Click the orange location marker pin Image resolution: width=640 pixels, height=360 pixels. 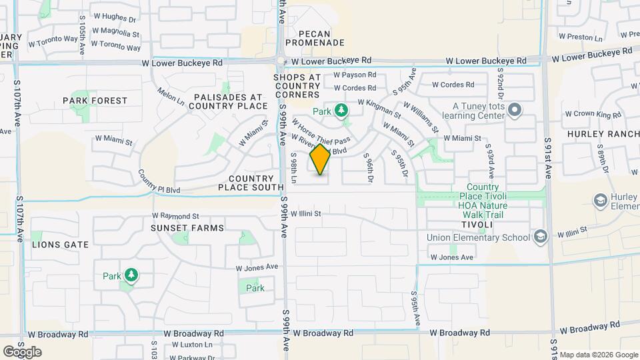coord(320,159)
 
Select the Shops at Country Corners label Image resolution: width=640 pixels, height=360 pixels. coord(297,86)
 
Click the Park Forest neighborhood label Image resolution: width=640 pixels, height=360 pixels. coord(95,101)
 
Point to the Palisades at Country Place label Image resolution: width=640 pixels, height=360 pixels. coord(230,101)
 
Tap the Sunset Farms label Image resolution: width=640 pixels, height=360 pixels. coord(187,228)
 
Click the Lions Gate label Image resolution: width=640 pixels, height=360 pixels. coord(60,245)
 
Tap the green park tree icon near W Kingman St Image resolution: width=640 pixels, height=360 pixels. coord(341,109)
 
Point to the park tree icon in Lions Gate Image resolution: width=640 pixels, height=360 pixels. coord(131,276)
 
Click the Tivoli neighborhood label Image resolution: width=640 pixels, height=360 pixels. coord(476,225)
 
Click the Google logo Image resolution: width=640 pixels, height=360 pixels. coord(22,352)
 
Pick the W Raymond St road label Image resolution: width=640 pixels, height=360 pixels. coord(175,216)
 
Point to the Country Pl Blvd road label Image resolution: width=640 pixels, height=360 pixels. coord(159,181)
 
